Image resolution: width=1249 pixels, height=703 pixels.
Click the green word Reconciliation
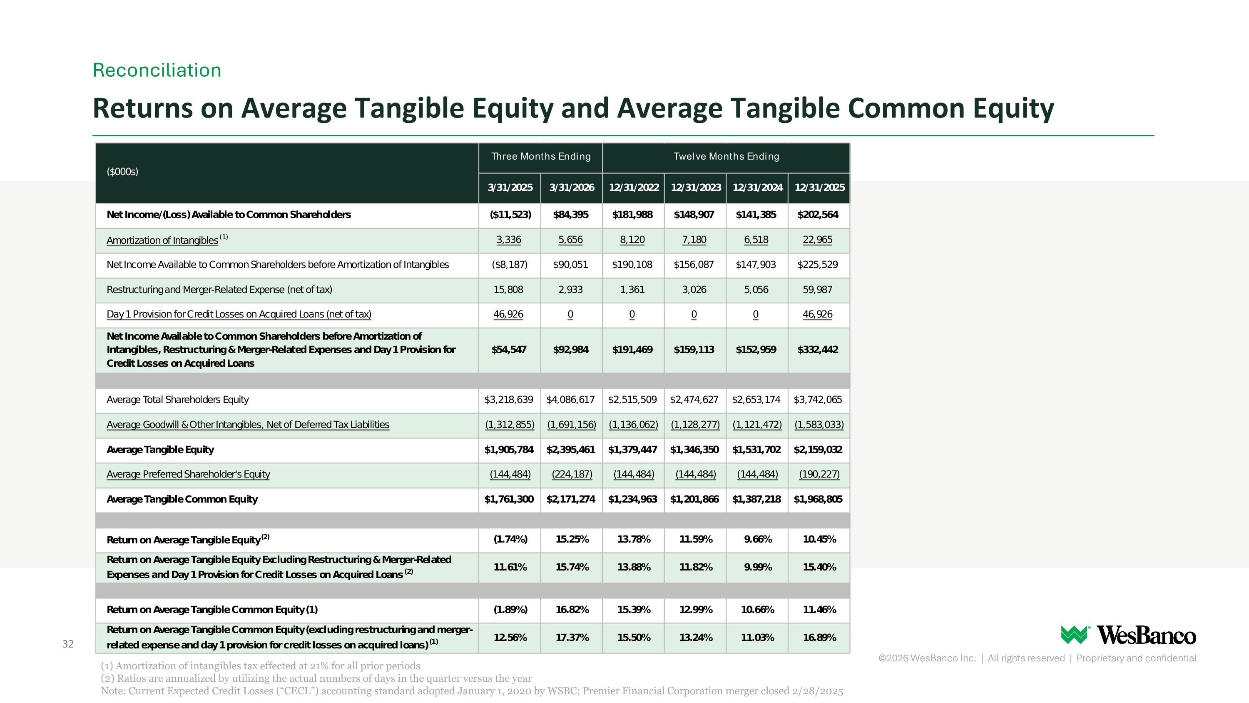(x=157, y=70)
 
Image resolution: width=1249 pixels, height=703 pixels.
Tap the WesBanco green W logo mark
(x=1075, y=635)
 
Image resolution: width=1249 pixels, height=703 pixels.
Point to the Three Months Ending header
(x=541, y=156)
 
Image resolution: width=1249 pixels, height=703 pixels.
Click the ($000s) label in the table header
(x=123, y=172)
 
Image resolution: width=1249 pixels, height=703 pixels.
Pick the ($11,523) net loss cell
(x=510, y=215)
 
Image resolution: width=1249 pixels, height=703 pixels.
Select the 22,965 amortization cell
(x=818, y=240)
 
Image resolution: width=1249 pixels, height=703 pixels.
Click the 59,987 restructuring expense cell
(x=818, y=290)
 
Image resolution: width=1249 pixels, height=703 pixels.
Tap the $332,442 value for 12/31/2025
(x=818, y=350)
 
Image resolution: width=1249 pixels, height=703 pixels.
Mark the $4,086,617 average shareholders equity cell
(x=571, y=400)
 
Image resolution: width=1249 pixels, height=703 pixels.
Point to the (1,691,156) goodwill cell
(x=572, y=425)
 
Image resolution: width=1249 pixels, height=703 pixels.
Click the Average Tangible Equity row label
(x=160, y=450)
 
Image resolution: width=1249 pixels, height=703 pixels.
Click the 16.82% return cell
(x=572, y=610)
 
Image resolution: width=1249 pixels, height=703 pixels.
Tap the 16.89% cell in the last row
(x=819, y=638)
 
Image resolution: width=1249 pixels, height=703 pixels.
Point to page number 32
(x=68, y=644)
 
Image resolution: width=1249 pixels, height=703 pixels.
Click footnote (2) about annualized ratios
(x=316, y=678)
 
